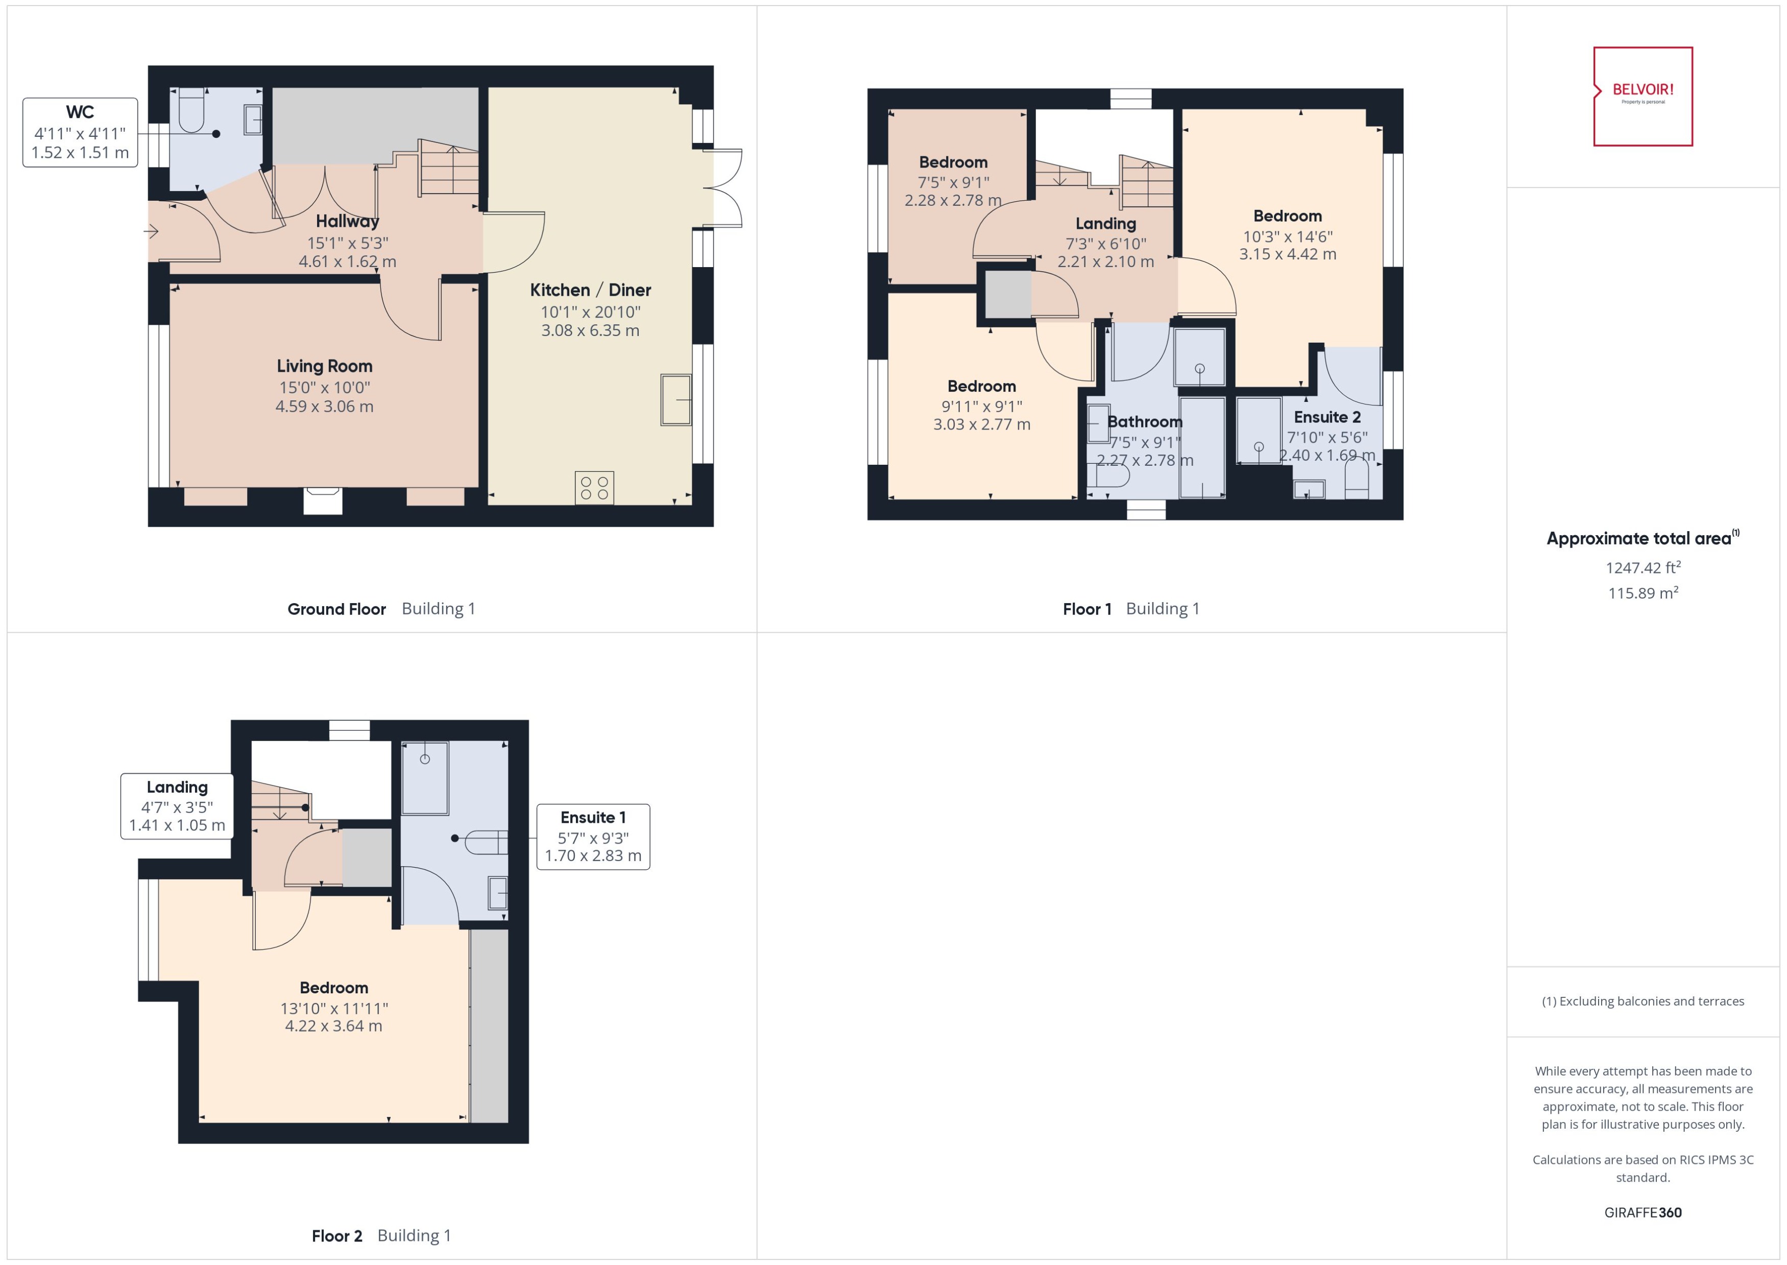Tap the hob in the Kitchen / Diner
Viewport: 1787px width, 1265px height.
click(x=594, y=488)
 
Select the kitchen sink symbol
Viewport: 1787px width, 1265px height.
click(x=675, y=399)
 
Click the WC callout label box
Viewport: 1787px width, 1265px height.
click(x=80, y=132)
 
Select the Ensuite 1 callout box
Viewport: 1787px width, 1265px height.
click(x=593, y=837)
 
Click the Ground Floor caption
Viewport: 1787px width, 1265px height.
click(x=336, y=609)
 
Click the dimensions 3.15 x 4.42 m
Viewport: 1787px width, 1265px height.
click(x=1287, y=254)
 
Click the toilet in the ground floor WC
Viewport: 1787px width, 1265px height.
click(x=191, y=113)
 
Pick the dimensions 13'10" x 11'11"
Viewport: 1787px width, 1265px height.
click(x=333, y=1008)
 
